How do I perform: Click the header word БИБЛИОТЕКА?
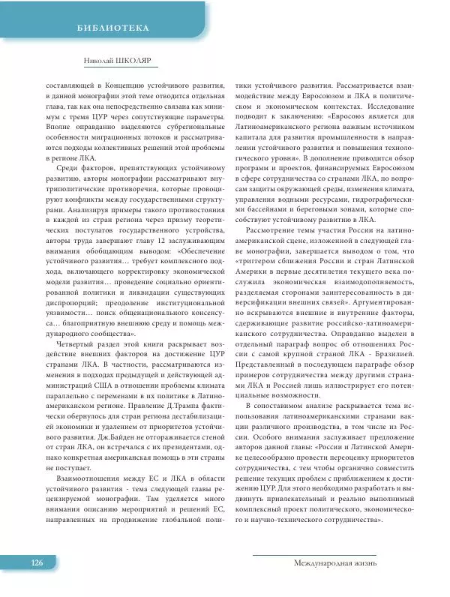(x=113, y=28)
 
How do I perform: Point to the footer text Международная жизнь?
(x=335, y=562)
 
